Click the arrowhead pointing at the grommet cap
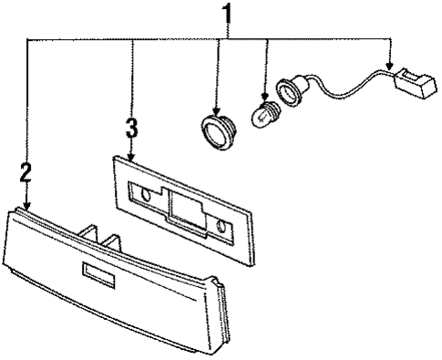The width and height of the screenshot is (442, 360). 217,108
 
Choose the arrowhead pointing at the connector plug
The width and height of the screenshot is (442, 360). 390,67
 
